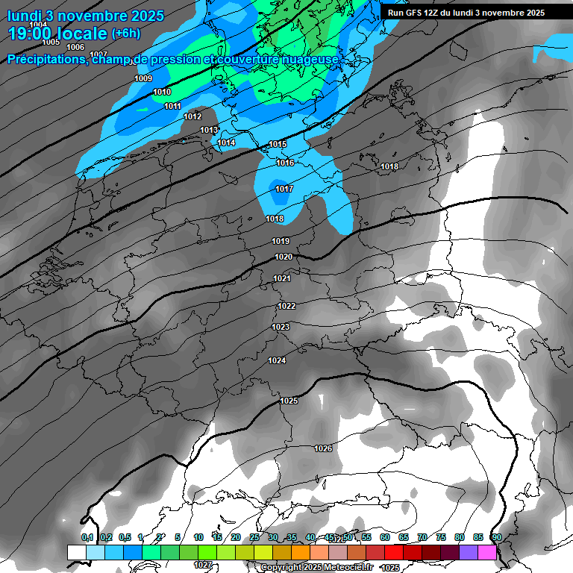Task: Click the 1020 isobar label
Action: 284,257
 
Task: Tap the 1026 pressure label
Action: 323,448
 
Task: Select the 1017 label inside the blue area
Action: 284,190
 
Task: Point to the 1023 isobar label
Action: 281,328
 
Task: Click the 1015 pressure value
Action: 278,144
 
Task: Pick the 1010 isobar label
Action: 162,93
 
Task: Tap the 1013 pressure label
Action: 209,131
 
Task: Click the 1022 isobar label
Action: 286,307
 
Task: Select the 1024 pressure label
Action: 277,361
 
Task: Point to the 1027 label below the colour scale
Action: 202,566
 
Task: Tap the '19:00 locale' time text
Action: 57,34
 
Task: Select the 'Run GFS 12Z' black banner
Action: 466,13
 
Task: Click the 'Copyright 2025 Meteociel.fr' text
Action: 316,568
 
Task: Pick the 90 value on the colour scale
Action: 496,538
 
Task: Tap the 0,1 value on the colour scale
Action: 87,538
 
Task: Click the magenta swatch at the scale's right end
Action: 487,552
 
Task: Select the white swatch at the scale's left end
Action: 76,552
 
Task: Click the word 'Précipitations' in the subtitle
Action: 45,60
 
